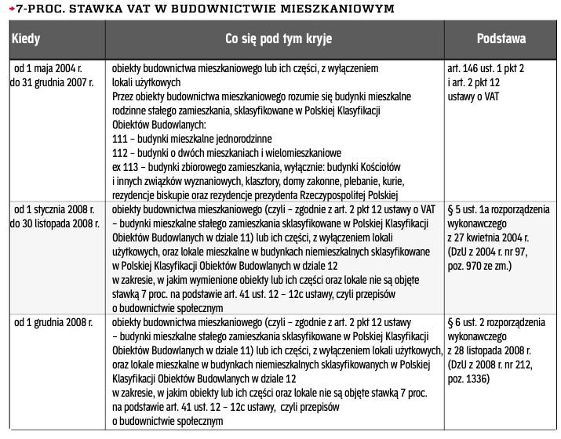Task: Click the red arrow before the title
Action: [x=9, y=9]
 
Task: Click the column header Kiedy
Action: [x=25, y=38]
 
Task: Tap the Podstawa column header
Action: [x=501, y=38]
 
